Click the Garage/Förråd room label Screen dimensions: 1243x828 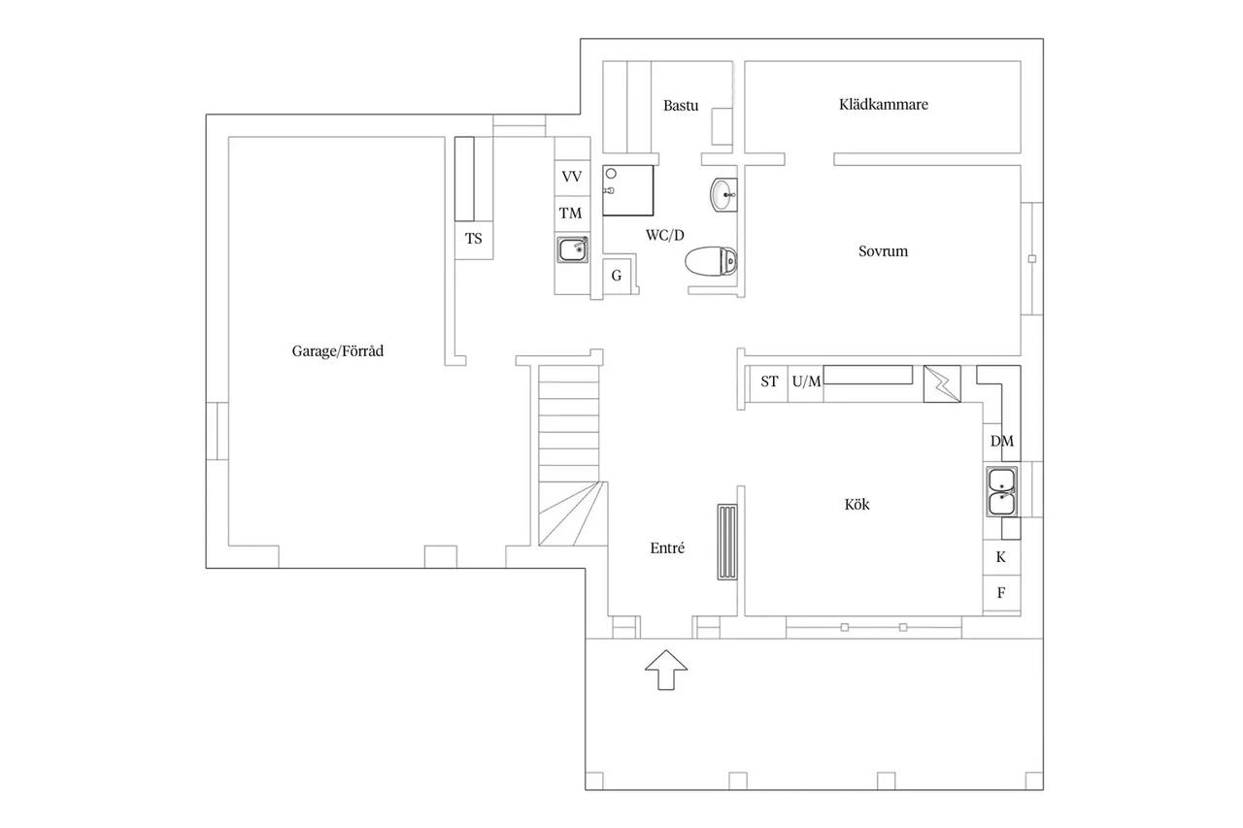pos(337,351)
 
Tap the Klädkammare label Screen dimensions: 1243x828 pos(884,104)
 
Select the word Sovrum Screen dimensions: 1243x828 pos(883,251)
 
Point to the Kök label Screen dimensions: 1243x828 pos(857,504)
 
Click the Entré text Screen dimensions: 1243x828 pos(667,547)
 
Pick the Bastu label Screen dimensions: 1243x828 pos(681,106)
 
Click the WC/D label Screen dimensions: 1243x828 pos(665,235)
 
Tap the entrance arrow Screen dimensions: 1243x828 pos(666,670)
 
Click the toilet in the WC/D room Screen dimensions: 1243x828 pos(711,261)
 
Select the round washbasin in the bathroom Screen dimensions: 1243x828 pos(723,195)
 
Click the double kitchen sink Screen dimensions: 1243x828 pos(1001,491)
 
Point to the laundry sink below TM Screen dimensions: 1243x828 pos(573,249)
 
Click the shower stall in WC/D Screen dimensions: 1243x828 pos(627,190)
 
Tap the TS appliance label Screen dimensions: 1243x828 pos(473,239)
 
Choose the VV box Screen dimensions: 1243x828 pos(572,177)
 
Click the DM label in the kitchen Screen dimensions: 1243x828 pos(1001,441)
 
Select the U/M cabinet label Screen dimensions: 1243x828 pos(806,381)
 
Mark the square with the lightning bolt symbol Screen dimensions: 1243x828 pos(942,383)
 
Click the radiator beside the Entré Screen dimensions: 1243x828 pos(727,542)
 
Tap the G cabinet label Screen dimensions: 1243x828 pos(617,276)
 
